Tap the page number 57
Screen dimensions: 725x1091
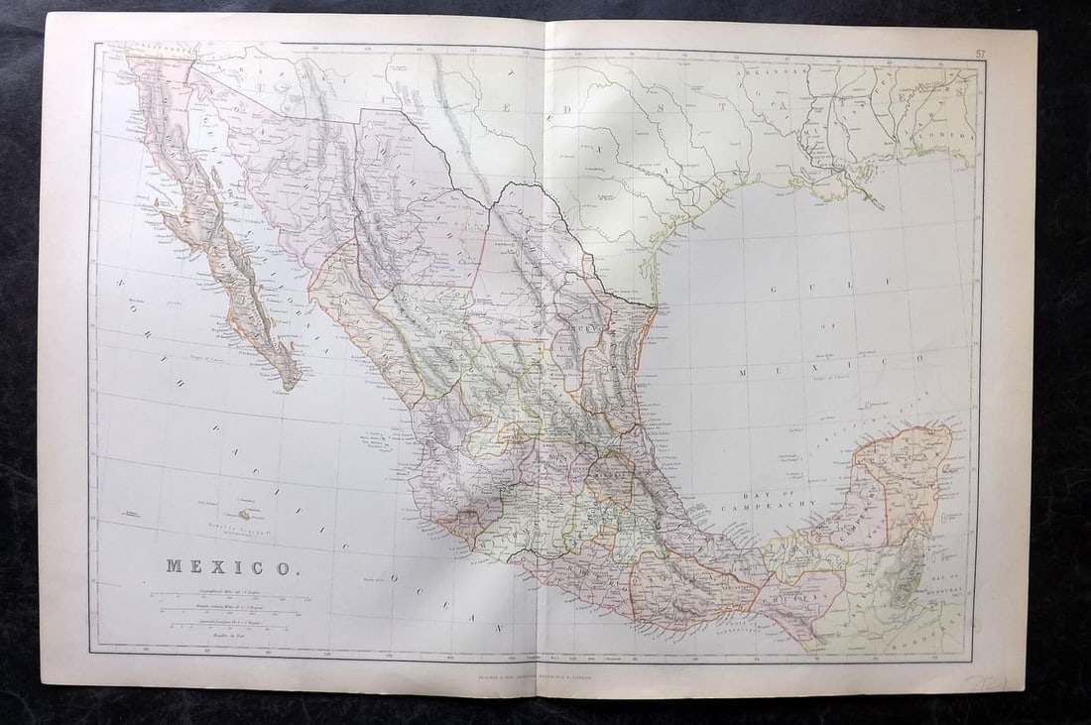pos(980,54)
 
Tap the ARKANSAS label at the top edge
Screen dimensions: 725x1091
pos(773,72)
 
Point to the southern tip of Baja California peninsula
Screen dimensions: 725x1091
pos(291,387)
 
